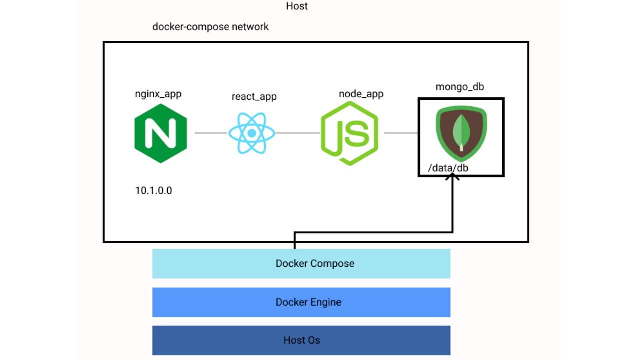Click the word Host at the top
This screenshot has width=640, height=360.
click(x=297, y=6)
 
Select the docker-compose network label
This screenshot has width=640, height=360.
click(x=210, y=27)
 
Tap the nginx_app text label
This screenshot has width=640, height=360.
click(x=158, y=94)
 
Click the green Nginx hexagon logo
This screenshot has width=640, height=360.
click(x=161, y=133)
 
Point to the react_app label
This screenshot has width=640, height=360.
click(x=254, y=96)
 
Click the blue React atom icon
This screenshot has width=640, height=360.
click(x=251, y=133)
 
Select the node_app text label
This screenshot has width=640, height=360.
click(x=361, y=94)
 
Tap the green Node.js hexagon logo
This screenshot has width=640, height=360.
click(x=350, y=133)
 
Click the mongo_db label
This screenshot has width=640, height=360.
click(x=460, y=87)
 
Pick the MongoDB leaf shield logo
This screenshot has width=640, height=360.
click(x=461, y=132)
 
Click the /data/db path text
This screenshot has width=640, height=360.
click(x=448, y=168)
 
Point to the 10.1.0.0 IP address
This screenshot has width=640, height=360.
click(x=153, y=190)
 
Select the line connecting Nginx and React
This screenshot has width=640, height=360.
click(x=210, y=133)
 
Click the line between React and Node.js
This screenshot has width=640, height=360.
click(x=298, y=133)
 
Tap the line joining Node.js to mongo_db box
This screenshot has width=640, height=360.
click(x=401, y=133)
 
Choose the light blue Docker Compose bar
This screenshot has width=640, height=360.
click(x=301, y=263)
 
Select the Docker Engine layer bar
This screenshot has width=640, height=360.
click(x=301, y=302)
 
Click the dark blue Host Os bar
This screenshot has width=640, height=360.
click(x=301, y=340)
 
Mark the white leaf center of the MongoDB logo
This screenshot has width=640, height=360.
click(x=460, y=132)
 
